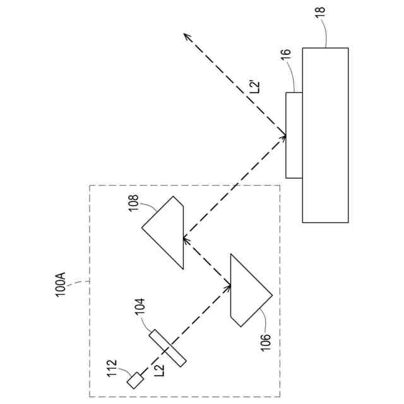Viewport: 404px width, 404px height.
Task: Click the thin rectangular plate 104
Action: coord(168,347)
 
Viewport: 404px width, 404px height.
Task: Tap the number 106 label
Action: coord(265,342)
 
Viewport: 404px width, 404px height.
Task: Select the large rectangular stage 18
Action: coord(325,135)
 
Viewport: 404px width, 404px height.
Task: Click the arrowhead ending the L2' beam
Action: coord(187,36)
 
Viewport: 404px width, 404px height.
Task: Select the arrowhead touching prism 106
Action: coord(228,287)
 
